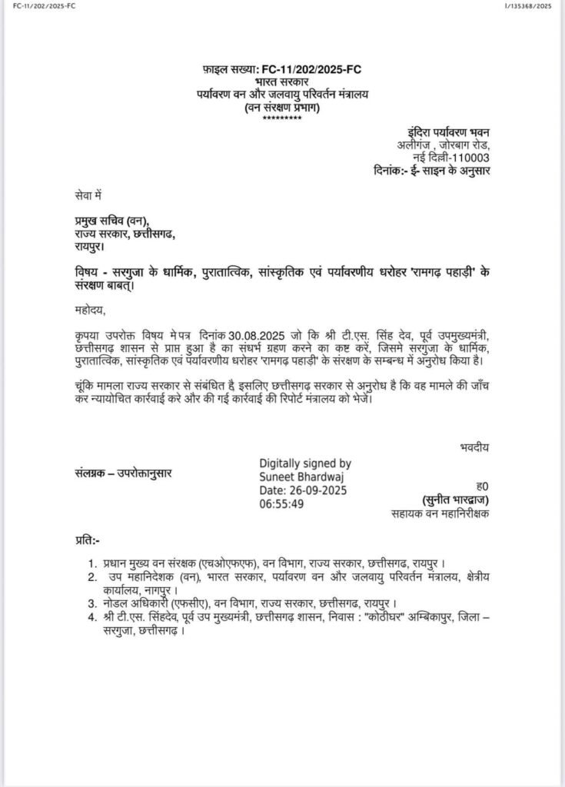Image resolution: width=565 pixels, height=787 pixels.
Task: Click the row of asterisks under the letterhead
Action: coord(281,118)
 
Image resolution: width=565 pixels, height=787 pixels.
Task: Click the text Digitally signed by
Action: coord(307,463)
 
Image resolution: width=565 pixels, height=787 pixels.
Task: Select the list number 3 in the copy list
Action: coord(91,603)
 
